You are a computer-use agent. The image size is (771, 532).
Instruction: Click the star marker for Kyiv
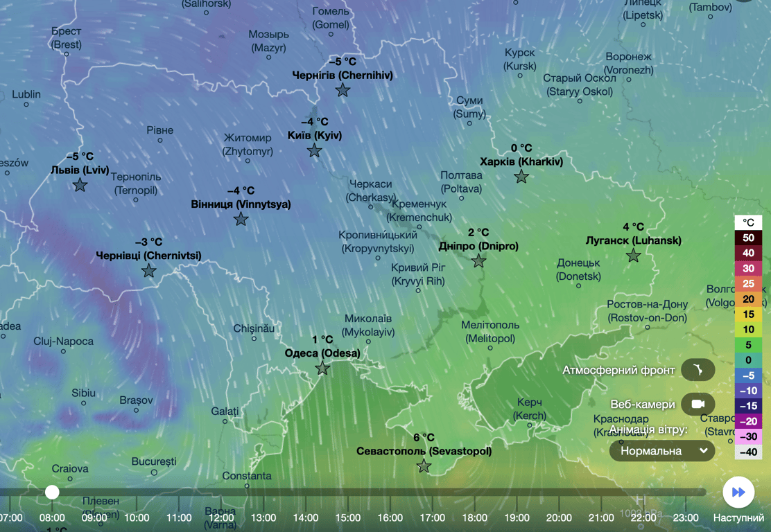314,150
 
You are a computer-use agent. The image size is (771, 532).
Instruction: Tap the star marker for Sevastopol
424,466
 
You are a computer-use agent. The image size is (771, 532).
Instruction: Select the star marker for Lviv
80,185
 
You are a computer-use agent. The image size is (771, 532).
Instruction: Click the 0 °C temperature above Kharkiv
521,148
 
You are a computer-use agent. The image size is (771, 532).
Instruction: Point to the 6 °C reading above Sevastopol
424,437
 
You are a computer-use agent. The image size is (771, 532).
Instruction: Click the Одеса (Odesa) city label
322,353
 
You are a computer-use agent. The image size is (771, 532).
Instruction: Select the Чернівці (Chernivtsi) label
148,256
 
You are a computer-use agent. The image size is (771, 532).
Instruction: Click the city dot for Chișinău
254,339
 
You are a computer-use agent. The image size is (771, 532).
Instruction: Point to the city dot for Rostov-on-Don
648,328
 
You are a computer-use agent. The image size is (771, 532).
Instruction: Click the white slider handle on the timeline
52,492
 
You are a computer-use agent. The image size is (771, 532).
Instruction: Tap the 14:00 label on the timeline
306,517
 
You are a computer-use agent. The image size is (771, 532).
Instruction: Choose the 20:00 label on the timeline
559,517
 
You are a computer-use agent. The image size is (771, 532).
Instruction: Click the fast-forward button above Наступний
738,492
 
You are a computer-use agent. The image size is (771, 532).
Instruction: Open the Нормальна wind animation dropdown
662,451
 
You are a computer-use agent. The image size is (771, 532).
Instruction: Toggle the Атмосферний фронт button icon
698,370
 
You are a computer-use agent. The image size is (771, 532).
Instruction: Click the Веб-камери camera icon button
698,404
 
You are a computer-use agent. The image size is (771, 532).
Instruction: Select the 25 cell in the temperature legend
748,283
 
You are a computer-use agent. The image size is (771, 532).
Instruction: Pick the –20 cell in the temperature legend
748,421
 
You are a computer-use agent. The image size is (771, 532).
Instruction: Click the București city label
154,461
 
